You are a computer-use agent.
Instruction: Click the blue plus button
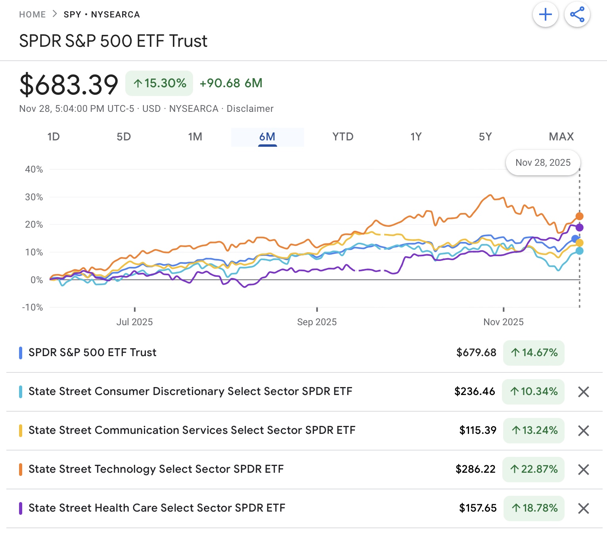545,15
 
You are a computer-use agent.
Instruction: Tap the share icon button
577,15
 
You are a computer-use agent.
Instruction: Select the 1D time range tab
54,137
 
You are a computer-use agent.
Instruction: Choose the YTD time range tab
343,137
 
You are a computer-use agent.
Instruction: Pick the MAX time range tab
561,137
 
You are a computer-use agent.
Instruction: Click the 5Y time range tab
485,137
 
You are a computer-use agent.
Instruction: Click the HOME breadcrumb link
33,15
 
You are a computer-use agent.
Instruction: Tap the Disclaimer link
250,109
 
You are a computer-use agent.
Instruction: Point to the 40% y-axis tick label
34,169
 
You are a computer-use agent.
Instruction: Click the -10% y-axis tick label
33,307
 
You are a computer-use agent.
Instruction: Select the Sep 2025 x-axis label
317,322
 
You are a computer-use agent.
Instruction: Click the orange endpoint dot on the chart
579,216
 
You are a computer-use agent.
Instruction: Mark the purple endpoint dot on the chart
579,227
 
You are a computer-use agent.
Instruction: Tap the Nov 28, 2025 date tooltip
543,163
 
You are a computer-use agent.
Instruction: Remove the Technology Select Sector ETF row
583,470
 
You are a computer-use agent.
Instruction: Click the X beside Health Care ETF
583,508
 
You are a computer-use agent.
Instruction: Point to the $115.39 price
478,430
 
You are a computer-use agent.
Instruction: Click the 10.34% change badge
533,392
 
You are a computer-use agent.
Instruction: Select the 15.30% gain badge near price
159,83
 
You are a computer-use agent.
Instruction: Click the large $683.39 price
69,84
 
